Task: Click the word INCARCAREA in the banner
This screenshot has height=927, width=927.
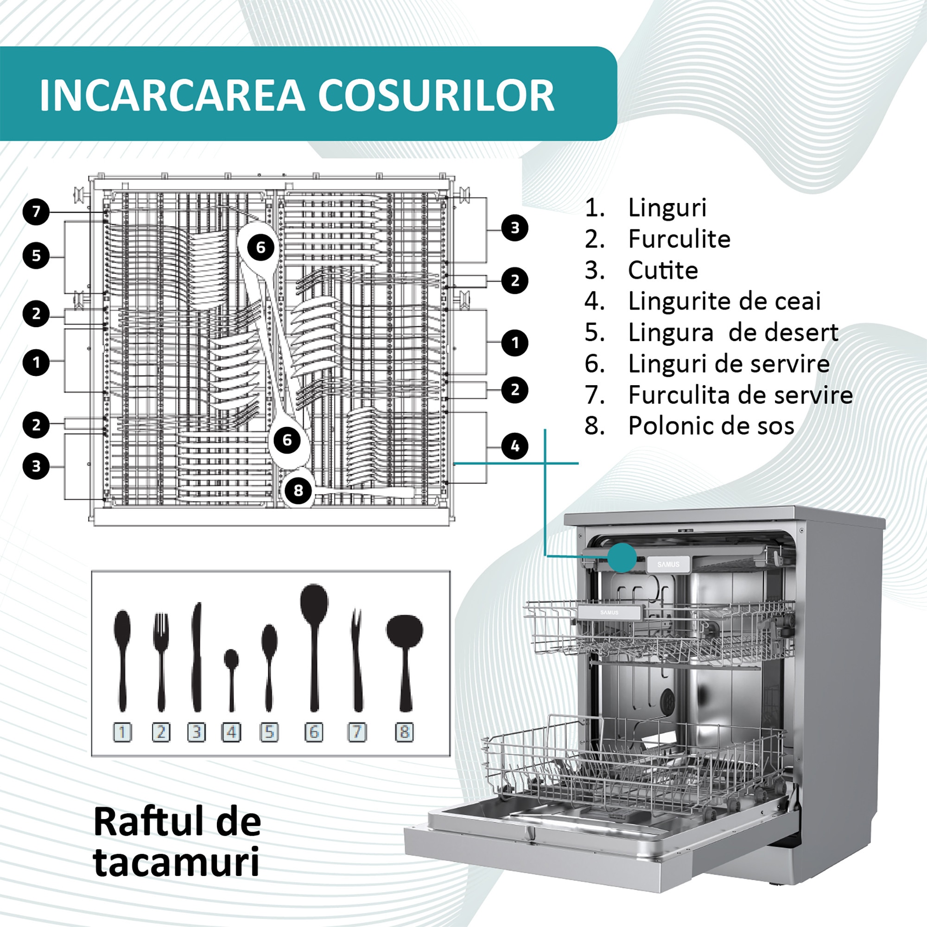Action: tap(172, 95)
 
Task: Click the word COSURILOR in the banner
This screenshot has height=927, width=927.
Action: tap(436, 95)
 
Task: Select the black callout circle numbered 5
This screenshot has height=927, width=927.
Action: tap(37, 256)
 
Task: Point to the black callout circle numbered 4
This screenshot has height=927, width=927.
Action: tap(515, 446)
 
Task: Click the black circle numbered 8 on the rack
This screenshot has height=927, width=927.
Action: tap(298, 490)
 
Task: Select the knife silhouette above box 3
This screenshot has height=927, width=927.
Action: tap(196, 657)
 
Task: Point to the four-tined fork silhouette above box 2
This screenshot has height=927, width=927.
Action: tap(161, 663)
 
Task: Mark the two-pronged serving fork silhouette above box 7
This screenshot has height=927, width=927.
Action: tap(357, 660)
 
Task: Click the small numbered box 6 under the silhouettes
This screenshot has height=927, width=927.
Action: tap(314, 732)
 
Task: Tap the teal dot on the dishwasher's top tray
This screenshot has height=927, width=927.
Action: tap(622, 558)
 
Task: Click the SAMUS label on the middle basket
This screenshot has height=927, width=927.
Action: tap(610, 613)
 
